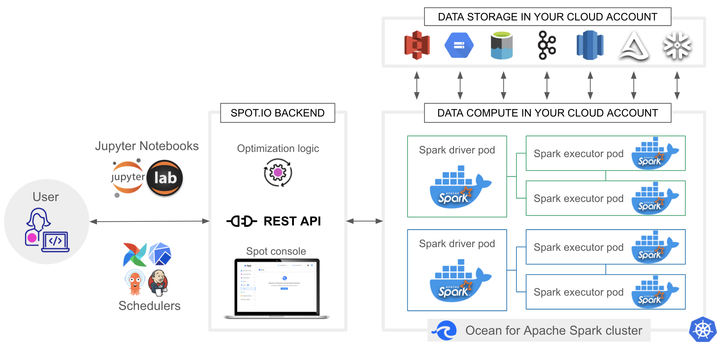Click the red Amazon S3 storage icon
417,45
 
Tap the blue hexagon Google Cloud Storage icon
459,45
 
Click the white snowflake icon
677,45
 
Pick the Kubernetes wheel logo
702,329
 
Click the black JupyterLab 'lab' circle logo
165,178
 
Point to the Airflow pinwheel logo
134,254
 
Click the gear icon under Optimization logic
278,173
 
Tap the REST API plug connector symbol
242,221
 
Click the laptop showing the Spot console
277,288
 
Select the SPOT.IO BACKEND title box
277,113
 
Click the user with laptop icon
46,230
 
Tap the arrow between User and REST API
149,221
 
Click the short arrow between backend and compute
364,221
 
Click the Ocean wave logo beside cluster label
445,330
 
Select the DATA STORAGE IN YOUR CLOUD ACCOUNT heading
547,17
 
